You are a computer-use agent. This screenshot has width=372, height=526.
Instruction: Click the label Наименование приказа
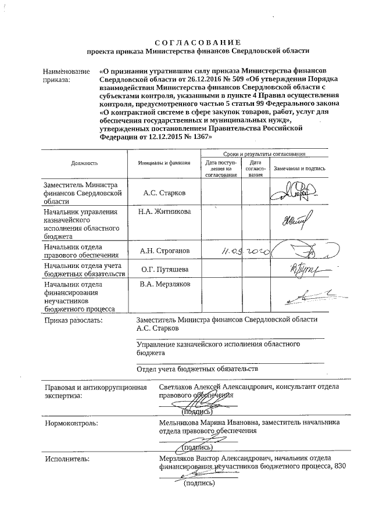(66, 76)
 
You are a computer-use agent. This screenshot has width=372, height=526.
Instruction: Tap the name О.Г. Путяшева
(164, 270)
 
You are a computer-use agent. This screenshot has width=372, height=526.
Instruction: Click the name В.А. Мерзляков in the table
(164, 285)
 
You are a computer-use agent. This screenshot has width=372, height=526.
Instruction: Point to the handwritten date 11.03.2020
(240, 252)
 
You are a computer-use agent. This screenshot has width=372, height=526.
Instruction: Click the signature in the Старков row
(292, 192)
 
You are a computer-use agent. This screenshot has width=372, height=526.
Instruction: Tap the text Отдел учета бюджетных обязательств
(196, 368)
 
